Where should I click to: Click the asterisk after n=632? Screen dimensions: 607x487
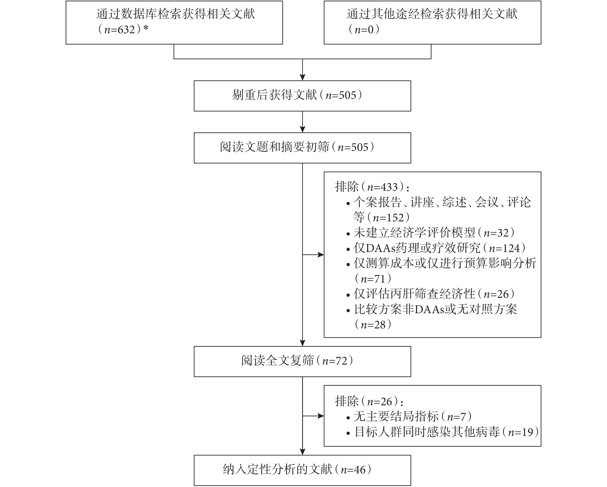pyautogui.click(x=146, y=28)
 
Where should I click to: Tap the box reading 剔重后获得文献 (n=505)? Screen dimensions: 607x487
pyautogui.click(x=302, y=96)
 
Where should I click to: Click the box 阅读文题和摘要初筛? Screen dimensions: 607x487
pyautogui.click(x=302, y=148)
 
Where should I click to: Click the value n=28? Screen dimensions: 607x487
pyautogui.click(x=373, y=325)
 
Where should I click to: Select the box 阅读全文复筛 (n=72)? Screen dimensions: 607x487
pyautogui.click(x=302, y=361)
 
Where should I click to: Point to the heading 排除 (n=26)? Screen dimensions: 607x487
pyautogui.click(x=369, y=401)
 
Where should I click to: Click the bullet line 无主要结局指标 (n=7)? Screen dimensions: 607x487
pyautogui.click(x=409, y=417)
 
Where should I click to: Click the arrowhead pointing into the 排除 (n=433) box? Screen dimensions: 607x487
pyautogui.click(x=321, y=255)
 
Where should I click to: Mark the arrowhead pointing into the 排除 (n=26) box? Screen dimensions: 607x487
pyautogui.click(x=321, y=416)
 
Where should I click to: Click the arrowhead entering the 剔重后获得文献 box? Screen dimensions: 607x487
pyautogui.click(x=302, y=77)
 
